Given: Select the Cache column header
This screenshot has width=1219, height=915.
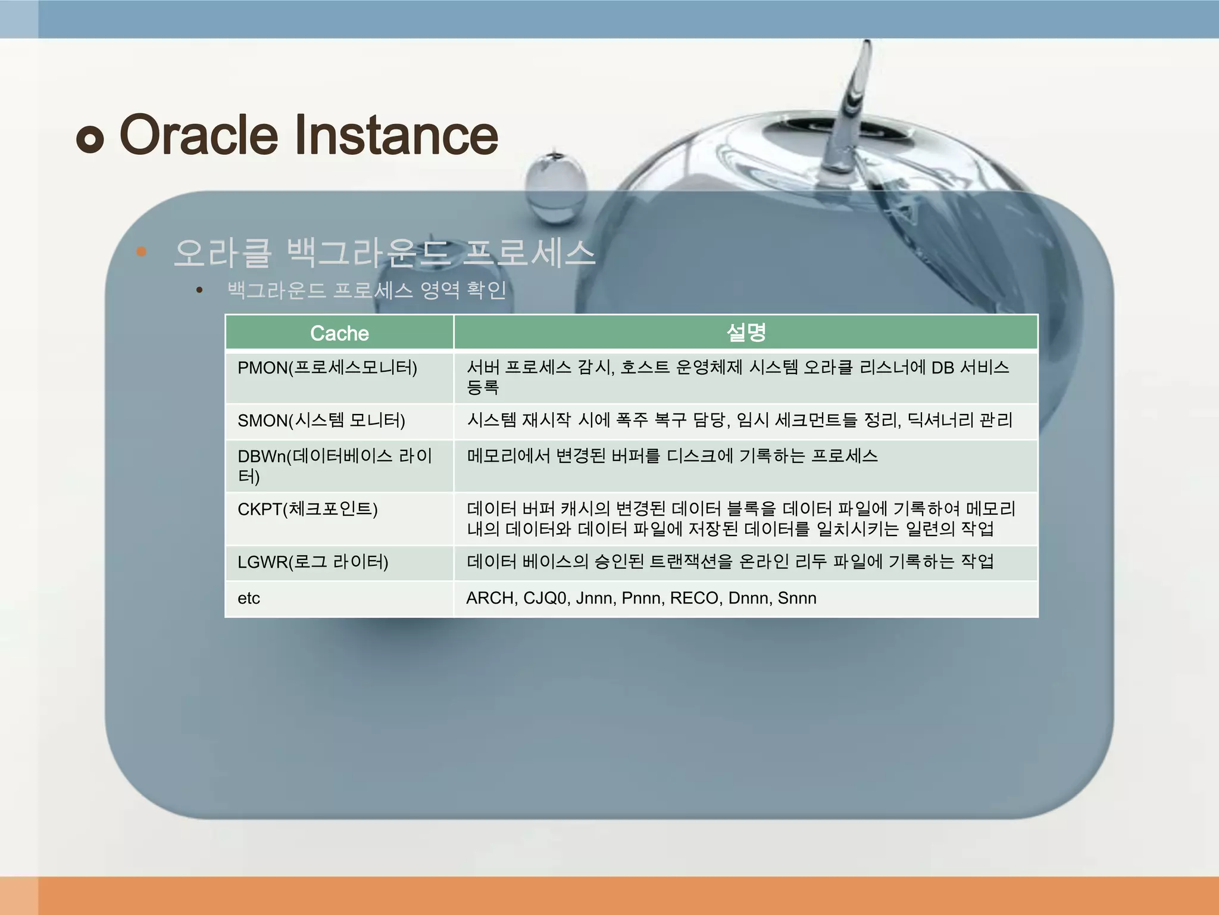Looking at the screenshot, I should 339,333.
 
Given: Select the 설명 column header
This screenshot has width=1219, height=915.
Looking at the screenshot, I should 746,332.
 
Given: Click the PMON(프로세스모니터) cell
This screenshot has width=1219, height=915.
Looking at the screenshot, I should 327,368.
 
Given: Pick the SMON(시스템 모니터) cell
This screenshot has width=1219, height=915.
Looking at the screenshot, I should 321,421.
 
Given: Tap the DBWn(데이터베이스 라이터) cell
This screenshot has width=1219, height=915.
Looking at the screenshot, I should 335,465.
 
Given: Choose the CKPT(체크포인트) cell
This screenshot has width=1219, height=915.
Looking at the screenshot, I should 308,509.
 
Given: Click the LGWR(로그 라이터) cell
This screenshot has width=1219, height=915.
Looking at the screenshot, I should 313,562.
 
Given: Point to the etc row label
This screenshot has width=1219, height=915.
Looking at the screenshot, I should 249,598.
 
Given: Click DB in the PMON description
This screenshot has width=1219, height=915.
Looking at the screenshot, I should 943,368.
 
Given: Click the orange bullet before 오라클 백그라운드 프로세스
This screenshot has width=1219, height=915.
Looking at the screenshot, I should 141,252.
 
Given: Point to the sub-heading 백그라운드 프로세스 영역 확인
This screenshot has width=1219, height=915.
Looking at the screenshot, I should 367,290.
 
